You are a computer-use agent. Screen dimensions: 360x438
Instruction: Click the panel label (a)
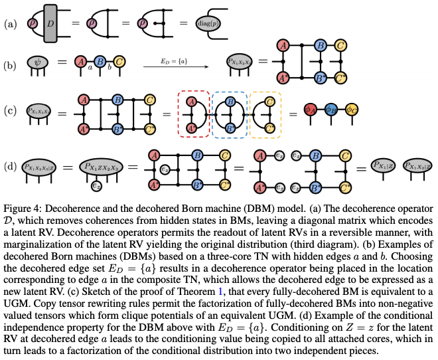[x=9, y=25]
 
